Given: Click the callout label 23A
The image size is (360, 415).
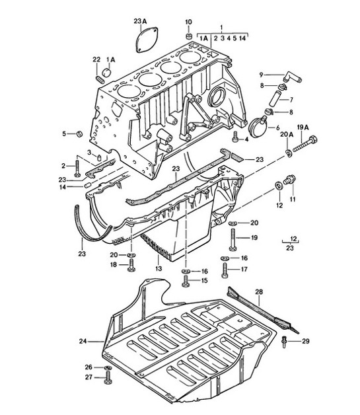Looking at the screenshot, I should coord(141,21).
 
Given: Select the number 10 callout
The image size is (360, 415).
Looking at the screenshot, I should coord(188,22).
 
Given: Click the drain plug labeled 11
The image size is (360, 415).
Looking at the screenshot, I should coord(289,180).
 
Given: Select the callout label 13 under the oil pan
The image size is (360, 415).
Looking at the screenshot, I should coord(159,270).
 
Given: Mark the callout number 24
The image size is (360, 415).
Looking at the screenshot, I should coord(83,342).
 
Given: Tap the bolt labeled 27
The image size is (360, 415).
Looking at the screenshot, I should coord(107,379).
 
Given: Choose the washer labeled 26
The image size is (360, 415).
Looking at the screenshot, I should coord(107,367).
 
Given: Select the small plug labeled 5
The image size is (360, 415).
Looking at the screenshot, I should coord(79,135).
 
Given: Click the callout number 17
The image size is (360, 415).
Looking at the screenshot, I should coord(244,269).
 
